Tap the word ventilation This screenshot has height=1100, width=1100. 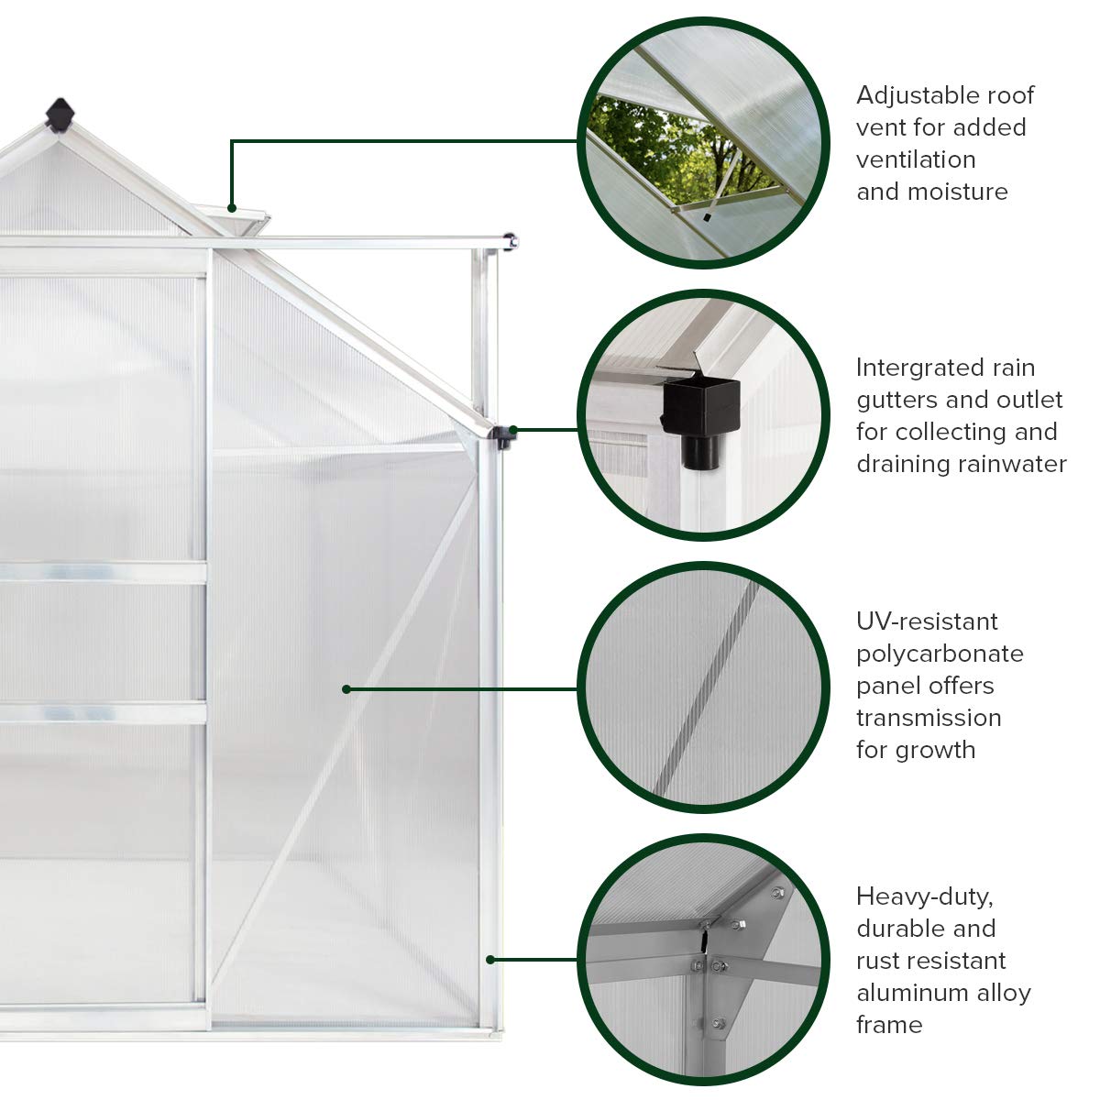coord(916,159)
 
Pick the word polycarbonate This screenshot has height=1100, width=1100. coord(940,654)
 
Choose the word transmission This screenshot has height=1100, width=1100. coord(929,718)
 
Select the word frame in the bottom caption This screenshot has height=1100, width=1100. coord(889,1025)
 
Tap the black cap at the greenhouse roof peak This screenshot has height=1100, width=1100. coord(60,115)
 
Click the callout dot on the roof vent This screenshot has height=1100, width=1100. coord(233,208)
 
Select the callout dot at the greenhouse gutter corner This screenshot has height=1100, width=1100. coord(513,429)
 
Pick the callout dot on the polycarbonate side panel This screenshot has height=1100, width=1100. coord(346,688)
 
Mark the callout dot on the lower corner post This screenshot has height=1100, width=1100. coord(490,960)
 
